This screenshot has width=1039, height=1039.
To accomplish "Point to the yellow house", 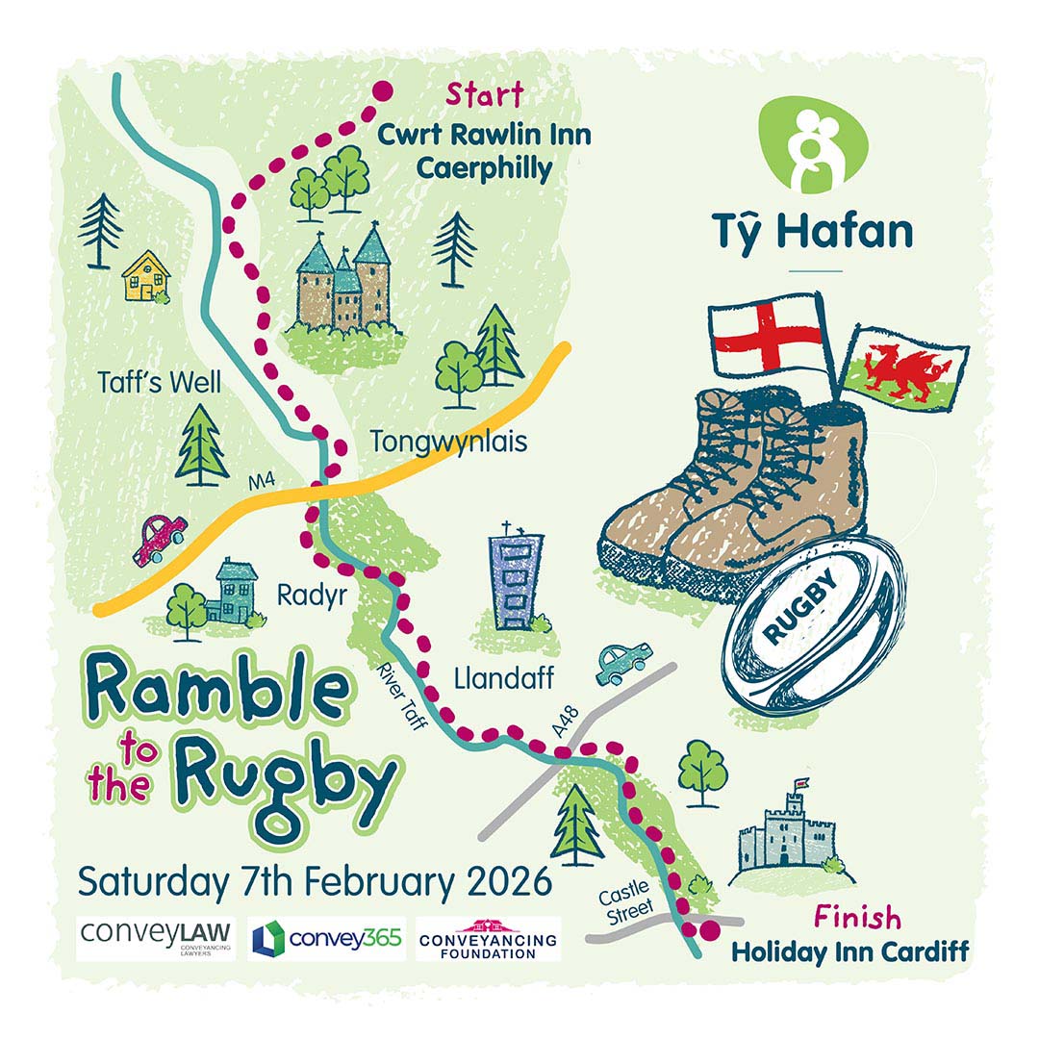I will [145, 274].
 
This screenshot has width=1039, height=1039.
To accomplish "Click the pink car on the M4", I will [160, 540].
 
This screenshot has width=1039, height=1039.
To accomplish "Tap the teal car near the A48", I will [622, 663].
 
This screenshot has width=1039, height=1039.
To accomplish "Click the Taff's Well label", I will [160, 382].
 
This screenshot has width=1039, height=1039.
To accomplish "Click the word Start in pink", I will [484, 95].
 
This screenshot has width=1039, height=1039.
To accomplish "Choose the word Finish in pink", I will [858, 916].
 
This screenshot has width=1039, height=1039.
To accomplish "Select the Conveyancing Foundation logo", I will [488, 939].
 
